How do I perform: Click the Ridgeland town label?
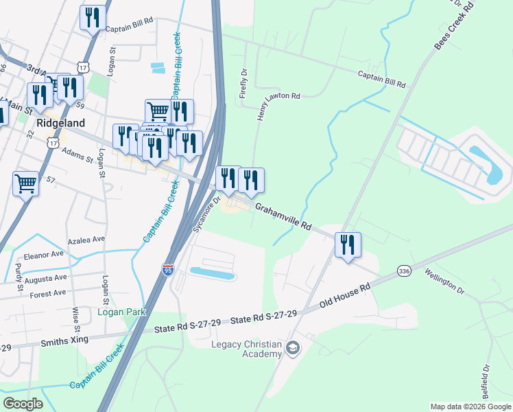[x=60, y=123]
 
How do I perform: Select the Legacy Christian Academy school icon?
[x=294, y=348]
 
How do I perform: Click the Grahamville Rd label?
[x=284, y=216]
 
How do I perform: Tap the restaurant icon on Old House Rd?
[x=348, y=244]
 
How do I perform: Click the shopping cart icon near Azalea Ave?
[x=25, y=183]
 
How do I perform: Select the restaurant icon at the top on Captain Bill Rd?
[x=93, y=17]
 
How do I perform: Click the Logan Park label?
[x=121, y=312]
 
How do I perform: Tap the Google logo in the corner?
[x=23, y=404]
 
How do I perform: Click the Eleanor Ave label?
[x=43, y=253]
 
